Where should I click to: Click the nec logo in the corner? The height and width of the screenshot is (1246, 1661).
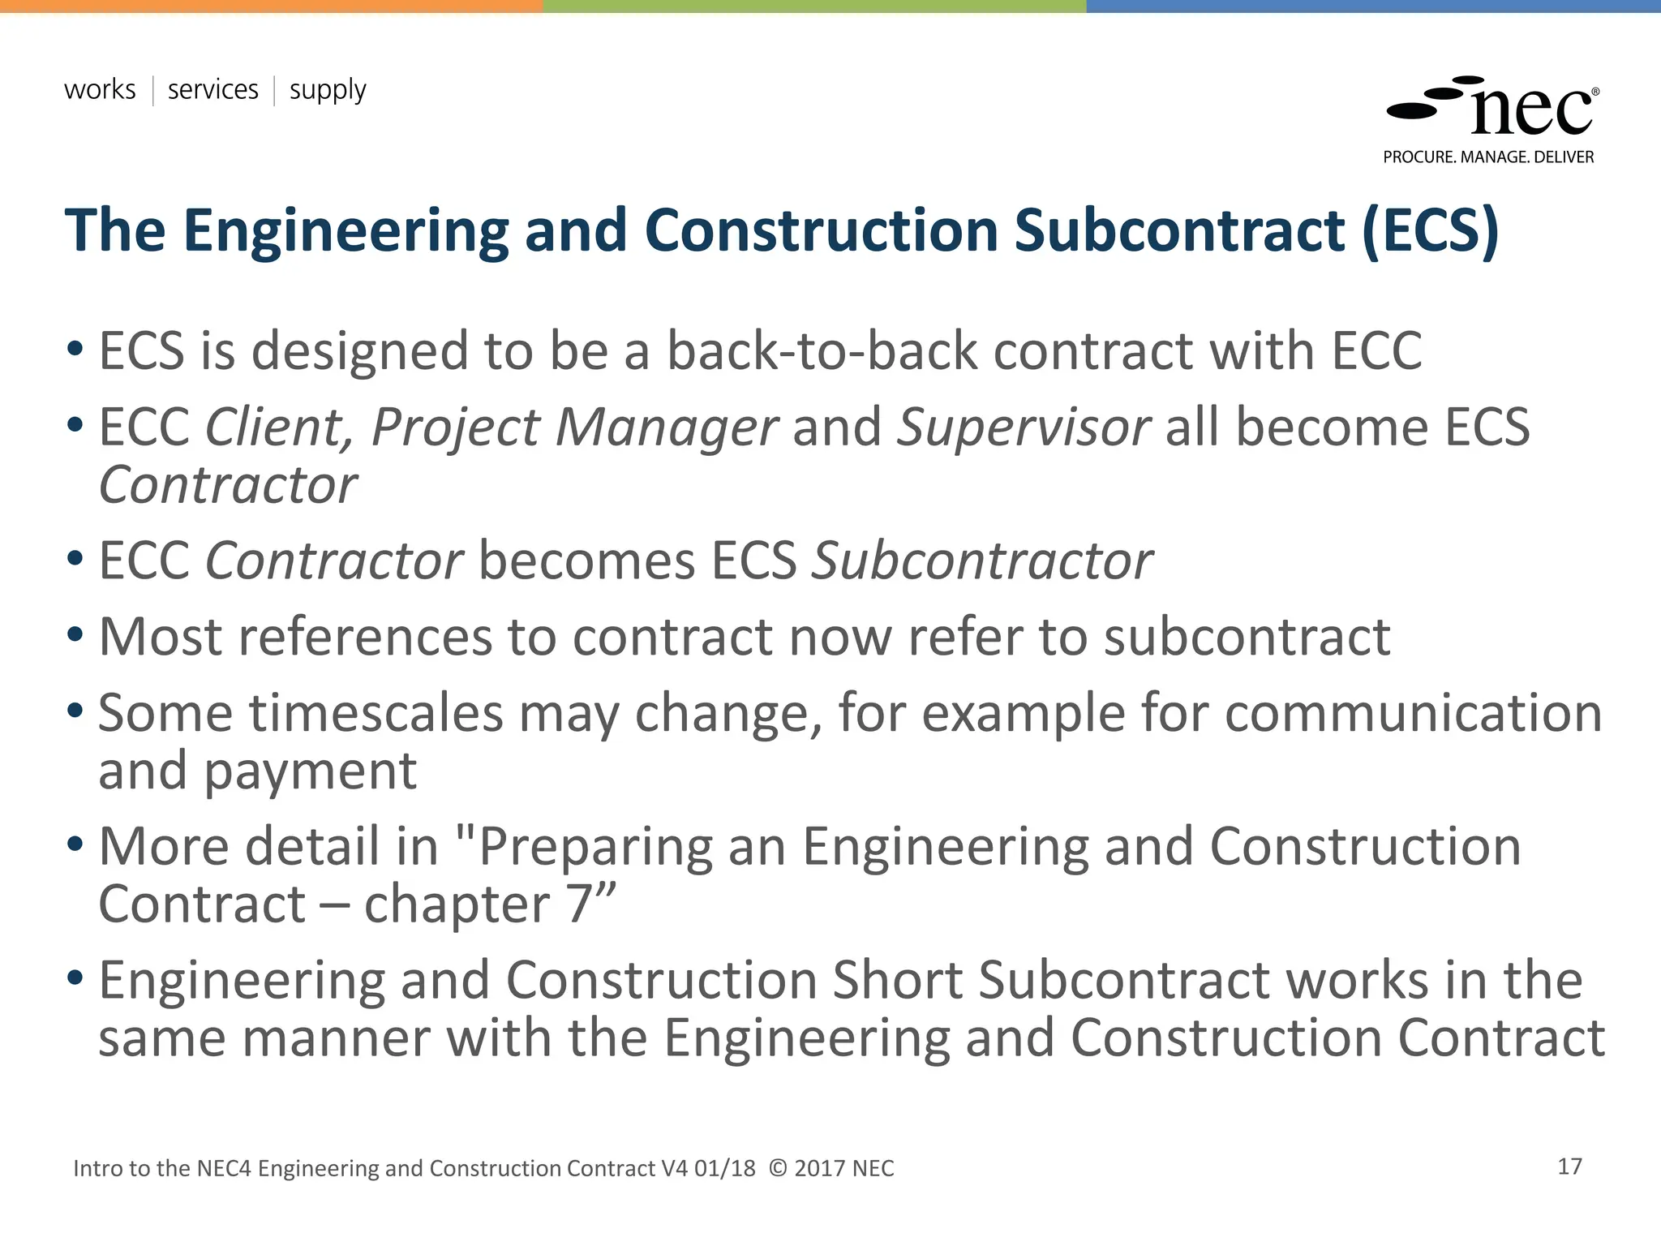coord(1492,107)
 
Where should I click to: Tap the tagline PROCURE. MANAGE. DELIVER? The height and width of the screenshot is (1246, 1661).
coord(1488,157)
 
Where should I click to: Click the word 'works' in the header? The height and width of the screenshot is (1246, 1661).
coord(100,89)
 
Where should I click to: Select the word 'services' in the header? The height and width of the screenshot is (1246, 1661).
coord(212,89)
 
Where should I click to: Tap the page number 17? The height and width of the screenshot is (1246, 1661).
coord(1569,1167)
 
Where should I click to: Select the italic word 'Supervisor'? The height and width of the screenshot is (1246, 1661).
coord(1023,428)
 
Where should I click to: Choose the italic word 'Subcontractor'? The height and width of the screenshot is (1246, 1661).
coord(982,561)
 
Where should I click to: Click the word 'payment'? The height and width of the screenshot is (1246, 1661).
coord(310,771)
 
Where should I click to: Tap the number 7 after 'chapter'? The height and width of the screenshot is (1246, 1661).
coord(579,904)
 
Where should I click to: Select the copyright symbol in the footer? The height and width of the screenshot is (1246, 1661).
coord(778,1168)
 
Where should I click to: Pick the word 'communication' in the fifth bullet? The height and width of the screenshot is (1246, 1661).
coord(1413,713)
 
